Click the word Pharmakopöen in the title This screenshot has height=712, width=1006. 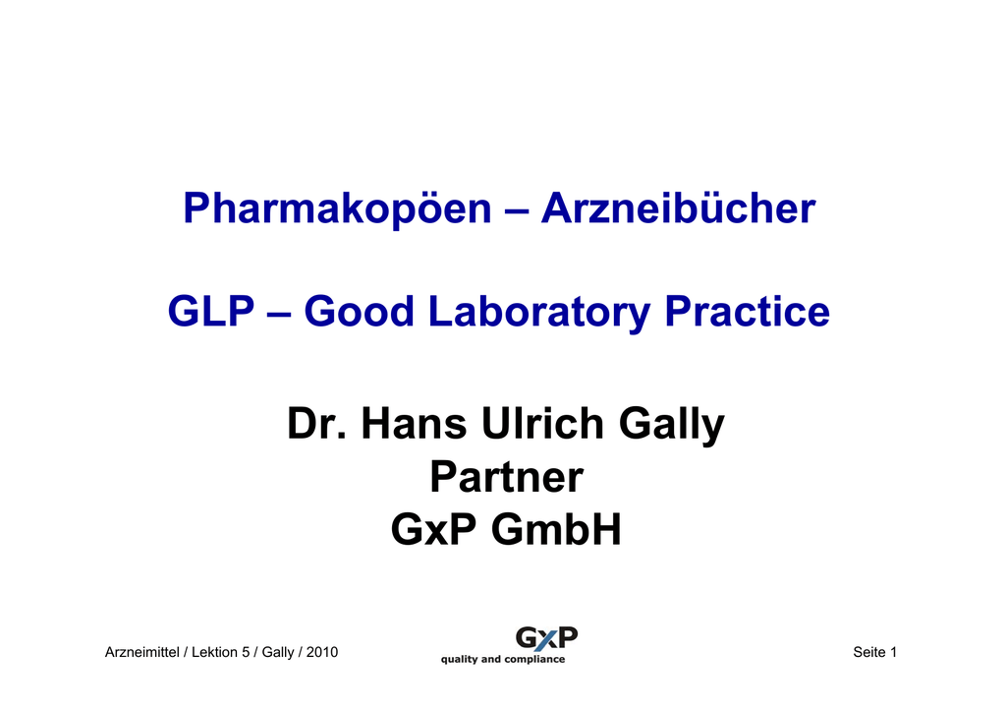pyautogui.click(x=337, y=209)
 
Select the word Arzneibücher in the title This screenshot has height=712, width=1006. pyautogui.click(x=678, y=208)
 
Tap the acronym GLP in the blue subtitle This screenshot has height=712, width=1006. pyautogui.click(x=211, y=312)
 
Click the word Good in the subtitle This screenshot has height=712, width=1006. pyautogui.click(x=359, y=312)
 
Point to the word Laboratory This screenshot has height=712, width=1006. pyautogui.click(x=539, y=313)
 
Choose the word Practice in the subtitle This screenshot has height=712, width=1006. pyautogui.click(x=748, y=311)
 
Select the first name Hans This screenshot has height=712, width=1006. pyautogui.click(x=414, y=424)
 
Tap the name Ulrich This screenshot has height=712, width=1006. pyautogui.click(x=542, y=424)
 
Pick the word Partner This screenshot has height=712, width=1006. pyautogui.click(x=506, y=477)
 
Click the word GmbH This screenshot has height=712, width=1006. pyautogui.click(x=556, y=530)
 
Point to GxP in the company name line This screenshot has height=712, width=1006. pyautogui.click(x=433, y=530)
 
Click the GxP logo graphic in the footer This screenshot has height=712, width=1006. pyautogui.click(x=546, y=638)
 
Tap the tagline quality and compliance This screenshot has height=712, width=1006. pyautogui.click(x=503, y=659)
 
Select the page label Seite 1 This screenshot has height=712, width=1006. pyautogui.click(x=874, y=652)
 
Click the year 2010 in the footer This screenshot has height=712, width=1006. pyautogui.click(x=322, y=652)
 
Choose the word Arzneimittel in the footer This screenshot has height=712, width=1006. pyautogui.click(x=141, y=652)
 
